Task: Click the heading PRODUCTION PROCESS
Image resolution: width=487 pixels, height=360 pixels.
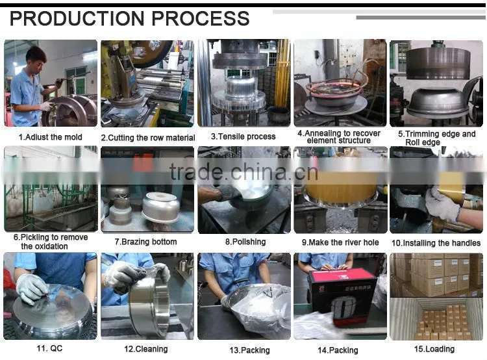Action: tap(129, 18)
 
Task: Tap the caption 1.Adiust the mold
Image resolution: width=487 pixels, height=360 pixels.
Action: tap(50, 137)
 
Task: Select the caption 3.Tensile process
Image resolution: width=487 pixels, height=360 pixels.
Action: tap(243, 136)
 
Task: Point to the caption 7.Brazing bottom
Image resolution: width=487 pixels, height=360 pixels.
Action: tap(145, 242)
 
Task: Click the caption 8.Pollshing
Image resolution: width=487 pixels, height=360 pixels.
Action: tap(245, 242)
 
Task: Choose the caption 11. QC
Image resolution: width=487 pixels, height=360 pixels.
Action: tap(49, 348)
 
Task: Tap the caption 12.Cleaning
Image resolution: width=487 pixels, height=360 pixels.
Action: tap(145, 349)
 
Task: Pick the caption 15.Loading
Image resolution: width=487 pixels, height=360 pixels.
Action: tap(434, 349)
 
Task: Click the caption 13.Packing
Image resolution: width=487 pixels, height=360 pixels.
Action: tap(249, 350)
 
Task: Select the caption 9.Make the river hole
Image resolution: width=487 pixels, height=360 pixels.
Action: tap(340, 242)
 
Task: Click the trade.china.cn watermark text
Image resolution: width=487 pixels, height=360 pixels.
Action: tap(243, 172)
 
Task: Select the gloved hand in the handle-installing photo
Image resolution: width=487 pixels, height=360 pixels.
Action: tap(442, 203)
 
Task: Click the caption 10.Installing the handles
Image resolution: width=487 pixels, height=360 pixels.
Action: tap(436, 243)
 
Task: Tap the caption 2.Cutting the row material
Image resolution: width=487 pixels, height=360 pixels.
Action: tap(148, 138)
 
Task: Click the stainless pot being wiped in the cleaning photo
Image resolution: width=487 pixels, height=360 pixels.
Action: tap(150, 306)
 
